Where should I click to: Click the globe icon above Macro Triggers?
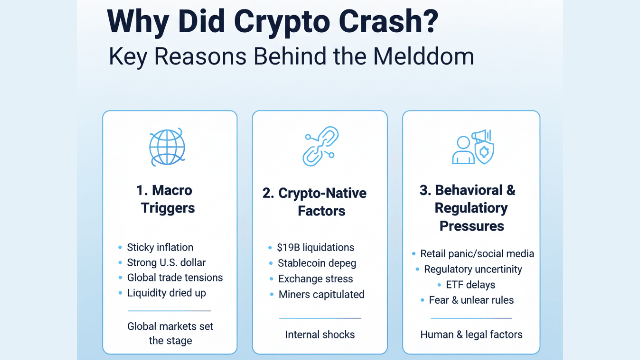coord(167,147)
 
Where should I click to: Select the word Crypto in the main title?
coord(282,22)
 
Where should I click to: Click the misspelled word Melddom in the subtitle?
coord(423,56)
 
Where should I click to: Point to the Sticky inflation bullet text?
coord(160,247)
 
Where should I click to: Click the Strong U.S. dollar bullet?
coord(166,263)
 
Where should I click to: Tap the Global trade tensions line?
coord(175,278)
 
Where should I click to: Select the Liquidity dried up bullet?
coord(166,293)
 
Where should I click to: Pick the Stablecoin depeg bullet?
coord(317,263)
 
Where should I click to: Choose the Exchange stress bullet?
coord(315,279)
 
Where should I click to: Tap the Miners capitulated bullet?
coord(321,294)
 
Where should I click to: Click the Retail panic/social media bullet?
coord(477,254)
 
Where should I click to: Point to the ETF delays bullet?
coord(470,285)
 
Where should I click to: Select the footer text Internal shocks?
coord(320,334)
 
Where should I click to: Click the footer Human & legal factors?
coord(471,334)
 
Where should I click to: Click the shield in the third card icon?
coord(485,152)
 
